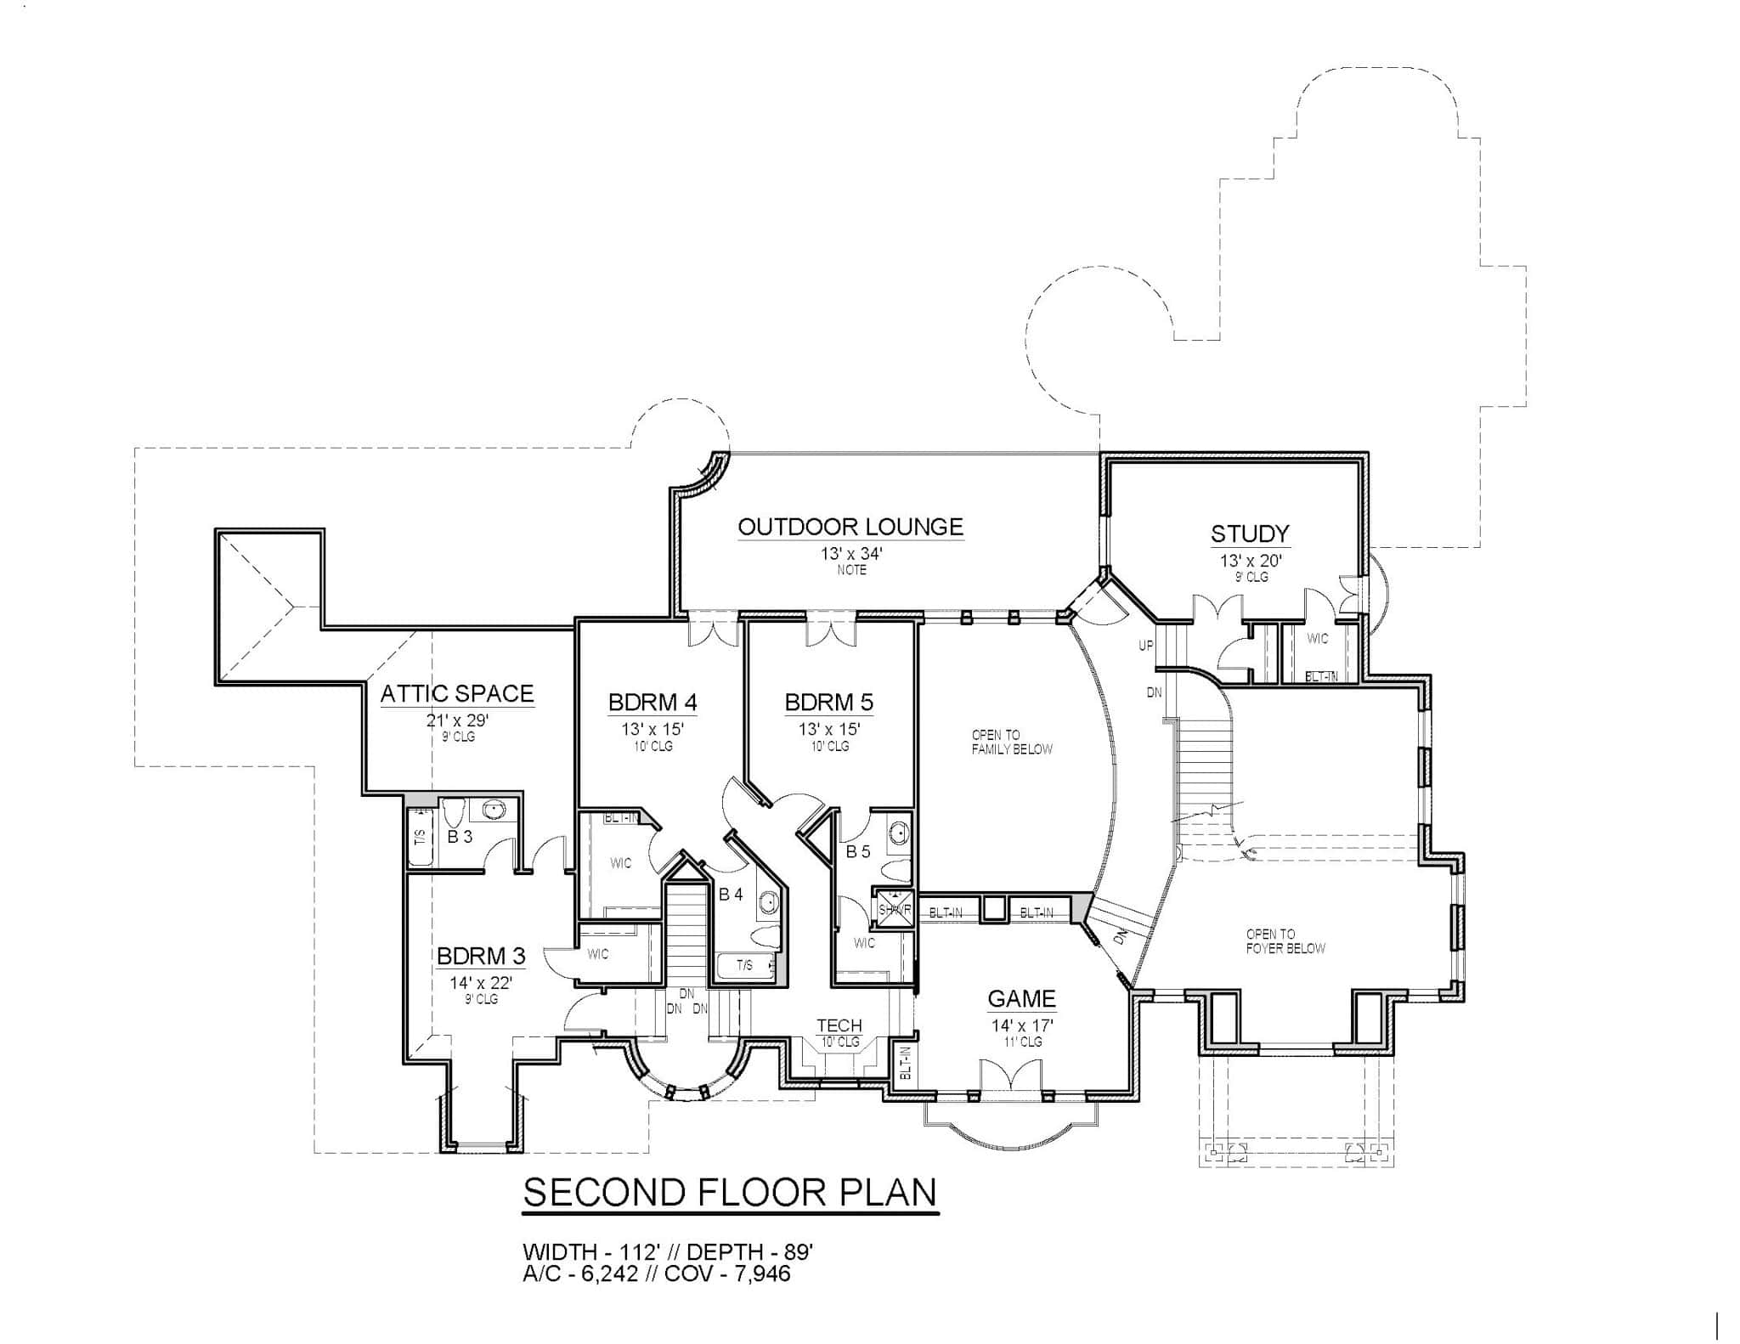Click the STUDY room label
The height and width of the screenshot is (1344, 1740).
(1250, 534)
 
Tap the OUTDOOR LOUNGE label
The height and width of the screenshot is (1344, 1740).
(850, 527)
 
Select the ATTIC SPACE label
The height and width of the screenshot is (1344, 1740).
(457, 693)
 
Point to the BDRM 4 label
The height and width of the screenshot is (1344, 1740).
(652, 703)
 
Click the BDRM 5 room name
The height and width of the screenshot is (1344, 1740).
(828, 703)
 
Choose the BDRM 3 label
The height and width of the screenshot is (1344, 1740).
(481, 956)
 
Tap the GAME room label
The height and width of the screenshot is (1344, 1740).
(1021, 998)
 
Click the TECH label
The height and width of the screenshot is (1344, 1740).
(839, 1025)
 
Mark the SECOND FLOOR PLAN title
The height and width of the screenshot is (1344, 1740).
(730, 1193)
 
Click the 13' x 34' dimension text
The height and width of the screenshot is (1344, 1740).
(851, 554)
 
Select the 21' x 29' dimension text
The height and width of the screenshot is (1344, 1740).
(458, 721)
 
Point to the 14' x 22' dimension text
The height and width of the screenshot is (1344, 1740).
(481, 983)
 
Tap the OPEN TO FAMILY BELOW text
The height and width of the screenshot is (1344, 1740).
(1012, 742)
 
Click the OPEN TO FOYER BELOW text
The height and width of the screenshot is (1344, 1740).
(1285, 941)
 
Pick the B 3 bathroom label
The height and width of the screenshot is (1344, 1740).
(460, 837)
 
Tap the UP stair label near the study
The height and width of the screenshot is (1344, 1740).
(1146, 646)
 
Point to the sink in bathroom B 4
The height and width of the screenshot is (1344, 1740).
(768, 902)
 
